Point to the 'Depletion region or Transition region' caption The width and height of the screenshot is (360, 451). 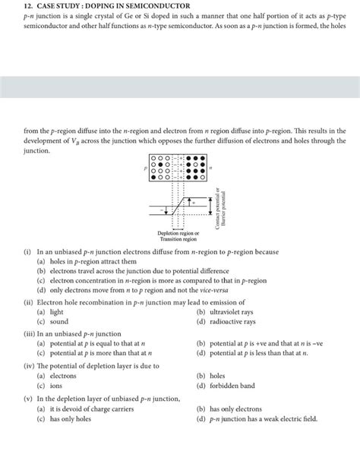178,236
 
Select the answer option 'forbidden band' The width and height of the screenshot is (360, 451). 228,386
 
